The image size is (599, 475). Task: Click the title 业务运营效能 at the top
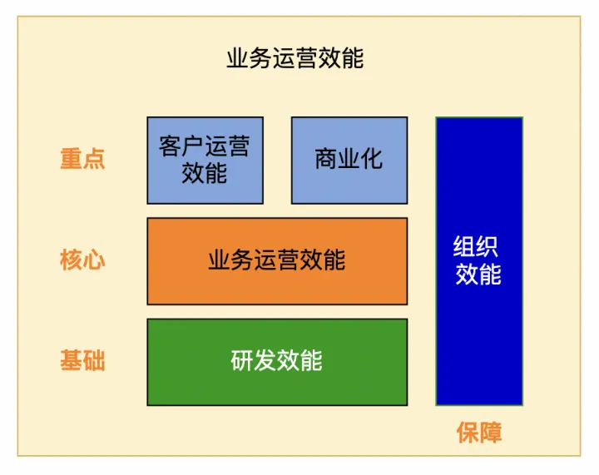(x=295, y=58)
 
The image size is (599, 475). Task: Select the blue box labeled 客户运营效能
(x=205, y=161)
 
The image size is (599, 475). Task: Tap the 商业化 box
(x=349, y=161)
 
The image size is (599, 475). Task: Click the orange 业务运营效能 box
(x=277, y=261)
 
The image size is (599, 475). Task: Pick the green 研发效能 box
(x=277, y=362)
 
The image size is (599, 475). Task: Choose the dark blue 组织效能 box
(x=479, y=261)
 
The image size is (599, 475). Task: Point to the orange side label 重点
(x=82, y=159)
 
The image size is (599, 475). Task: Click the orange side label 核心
(x=82, y=260)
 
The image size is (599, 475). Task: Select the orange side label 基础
(x=82, y=360)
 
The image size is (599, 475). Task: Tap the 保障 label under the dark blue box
(x=479, y=433)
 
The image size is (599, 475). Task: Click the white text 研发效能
(x=276, y=360)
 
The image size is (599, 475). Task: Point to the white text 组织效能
(x=478, y=260)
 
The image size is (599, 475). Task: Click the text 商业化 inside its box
(x=349, y=159)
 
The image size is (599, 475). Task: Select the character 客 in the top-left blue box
(x=171, y=146)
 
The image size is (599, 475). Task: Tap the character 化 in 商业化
(x=372, y=159)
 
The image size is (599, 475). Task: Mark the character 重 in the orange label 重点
(x=71, y=159)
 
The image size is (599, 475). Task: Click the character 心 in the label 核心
(x=94, y=260)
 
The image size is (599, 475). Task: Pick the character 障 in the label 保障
(x=491, y=433)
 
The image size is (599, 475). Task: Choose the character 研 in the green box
(x=242, y=360)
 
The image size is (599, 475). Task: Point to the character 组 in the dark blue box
(x=464, y=247)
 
